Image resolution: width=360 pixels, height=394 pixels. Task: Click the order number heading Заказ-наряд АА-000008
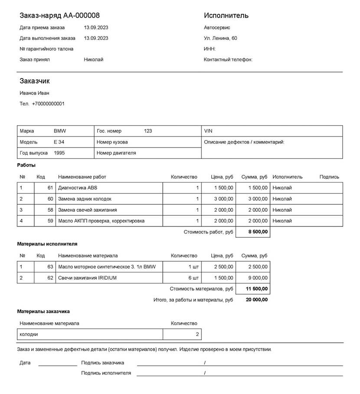pyautogui.click(x=59, y=16)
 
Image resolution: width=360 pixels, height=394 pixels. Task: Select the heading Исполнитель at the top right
pyautogui.click(x=226, y=16)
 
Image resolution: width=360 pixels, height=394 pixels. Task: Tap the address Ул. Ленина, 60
pyautogui.click(x=220, y=38)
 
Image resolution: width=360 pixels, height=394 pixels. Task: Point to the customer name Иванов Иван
pyautogui.click(x=35, y=93)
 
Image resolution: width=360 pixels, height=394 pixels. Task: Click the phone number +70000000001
pyautogui.click(x=48, y=104)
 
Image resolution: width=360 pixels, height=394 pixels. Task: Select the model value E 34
pyautogui.click(x=59, y=142)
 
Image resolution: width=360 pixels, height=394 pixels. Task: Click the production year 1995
pyautogui.click(x=60, y=153)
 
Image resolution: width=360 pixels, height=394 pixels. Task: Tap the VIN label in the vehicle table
pyautogui.click(x=208, y=131)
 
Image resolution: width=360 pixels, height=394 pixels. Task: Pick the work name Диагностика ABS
pyautogui.click(x=78, y=188)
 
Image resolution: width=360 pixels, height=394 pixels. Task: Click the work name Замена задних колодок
pyautogui.click(x=85, y=199)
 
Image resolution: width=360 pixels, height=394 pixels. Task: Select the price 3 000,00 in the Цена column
pyautogui.click(x=223, y=199)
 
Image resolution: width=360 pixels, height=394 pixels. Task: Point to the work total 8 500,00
pyautogui.click(x=258, y=232)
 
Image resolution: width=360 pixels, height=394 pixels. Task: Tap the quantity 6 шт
pyautogui.click(x=193, y=278)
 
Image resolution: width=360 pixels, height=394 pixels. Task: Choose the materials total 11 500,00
pyautogui.click(x=257, y=289)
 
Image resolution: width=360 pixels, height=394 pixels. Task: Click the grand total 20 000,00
pyautogui.click(x=257, y=299)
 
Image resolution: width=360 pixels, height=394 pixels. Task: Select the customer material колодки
pyautogui.click(x=29, y=334)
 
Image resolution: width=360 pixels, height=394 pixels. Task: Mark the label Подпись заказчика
pyautogui.click(x=103, y=362)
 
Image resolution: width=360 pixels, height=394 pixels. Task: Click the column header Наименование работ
pyautogui.click(x=82, y=177)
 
